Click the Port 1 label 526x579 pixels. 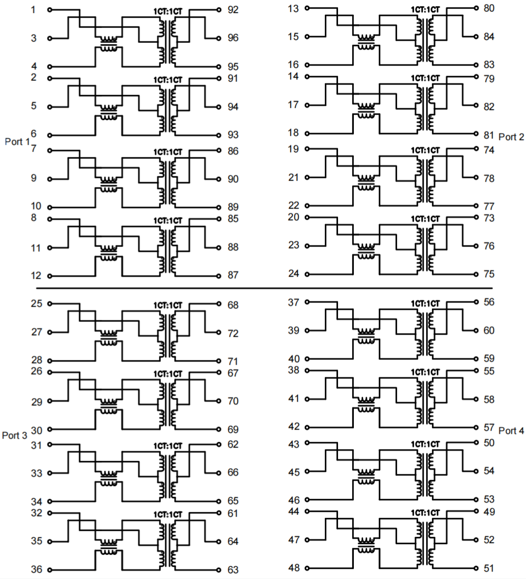(16, 141)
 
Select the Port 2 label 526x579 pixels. (511, 137)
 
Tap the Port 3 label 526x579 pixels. (14, 435)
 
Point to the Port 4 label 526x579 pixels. (511, 430)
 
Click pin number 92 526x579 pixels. (233, 10)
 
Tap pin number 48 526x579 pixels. (294, 568)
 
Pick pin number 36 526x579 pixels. (36, 569)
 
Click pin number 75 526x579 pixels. (489, 274)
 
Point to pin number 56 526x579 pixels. (489, 302)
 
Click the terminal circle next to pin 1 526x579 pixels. (50, 10)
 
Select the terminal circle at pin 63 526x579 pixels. (219, 569)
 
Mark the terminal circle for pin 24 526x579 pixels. (307, 274)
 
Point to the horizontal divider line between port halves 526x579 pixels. (264, 288)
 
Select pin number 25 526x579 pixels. (36, 303)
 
